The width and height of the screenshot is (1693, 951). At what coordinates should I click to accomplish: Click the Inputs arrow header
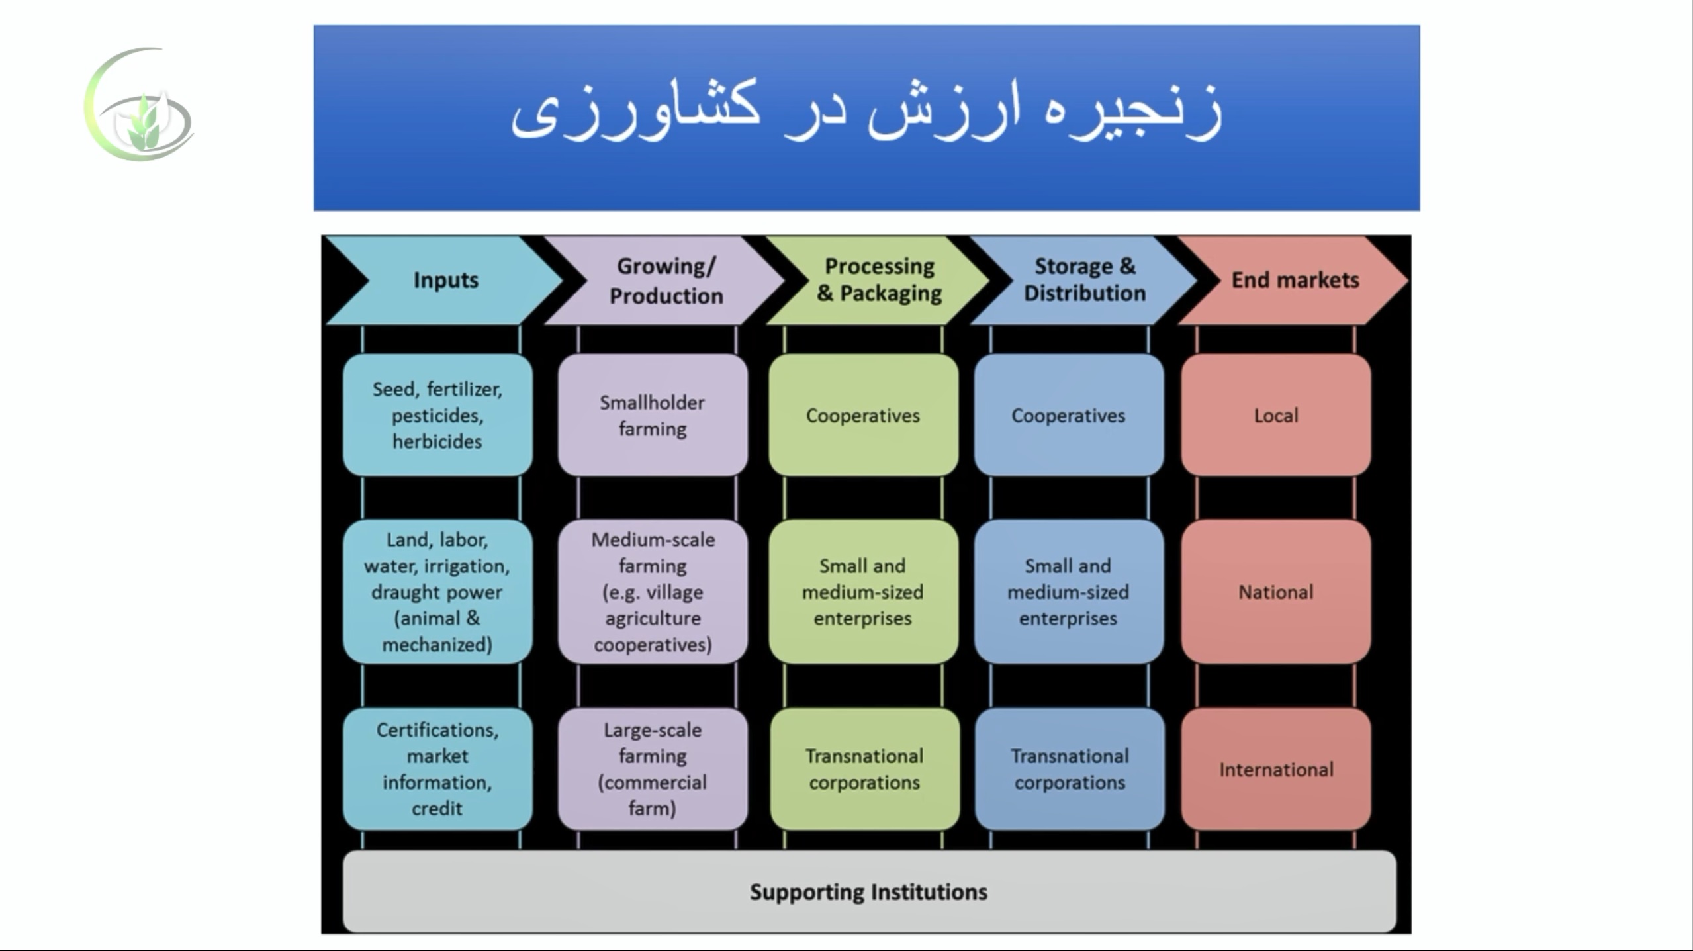pyautogui.click(x=445, y=281)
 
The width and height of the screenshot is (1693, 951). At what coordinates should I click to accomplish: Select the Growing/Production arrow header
pyautogui.click(x=665, y=281)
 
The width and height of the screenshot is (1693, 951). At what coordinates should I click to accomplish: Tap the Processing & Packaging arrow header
pyautogui.click(x=879, y=281)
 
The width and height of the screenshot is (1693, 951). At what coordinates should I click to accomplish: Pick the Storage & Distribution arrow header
pyautogui.click(x=1085, y=281)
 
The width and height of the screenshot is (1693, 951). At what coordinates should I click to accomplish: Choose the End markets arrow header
pyautogui.click(x=1294, y=281)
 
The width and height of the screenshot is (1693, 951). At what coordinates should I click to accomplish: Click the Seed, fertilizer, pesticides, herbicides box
pyautogui.click(x=437, y=415)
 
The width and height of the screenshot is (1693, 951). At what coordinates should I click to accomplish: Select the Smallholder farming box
pyautogui.click(x=653, y=415)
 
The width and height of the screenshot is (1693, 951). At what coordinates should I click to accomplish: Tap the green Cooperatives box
pyautogui.click(x=863, y=415)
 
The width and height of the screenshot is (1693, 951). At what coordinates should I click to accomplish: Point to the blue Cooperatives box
pyautogui.click(x=1068, y=415)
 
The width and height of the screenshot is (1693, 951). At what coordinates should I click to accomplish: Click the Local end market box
pyautogui.click(x=1276, y=415)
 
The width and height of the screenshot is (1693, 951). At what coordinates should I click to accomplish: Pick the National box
pyautogui.click(x=1276, y=592)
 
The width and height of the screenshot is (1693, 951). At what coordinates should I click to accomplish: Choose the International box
pyautogui.click(x=1276, y=769)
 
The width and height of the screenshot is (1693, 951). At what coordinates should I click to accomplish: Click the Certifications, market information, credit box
pyautogui.click(x=437, y=769)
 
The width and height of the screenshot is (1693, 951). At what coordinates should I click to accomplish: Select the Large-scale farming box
pyautogui.click(x=653, y=769)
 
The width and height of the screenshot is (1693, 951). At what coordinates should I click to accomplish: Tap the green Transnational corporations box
pyautogui.click(x=864, y=769)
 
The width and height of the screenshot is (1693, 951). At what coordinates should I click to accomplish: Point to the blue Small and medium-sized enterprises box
pyautogui.click(x=1068, y=592)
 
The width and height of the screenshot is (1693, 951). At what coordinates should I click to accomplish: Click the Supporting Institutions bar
pyautogui.click(x=869, y=891)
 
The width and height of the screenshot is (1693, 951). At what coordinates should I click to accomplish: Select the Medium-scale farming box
pyautogui.click(x=653, y=592)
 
